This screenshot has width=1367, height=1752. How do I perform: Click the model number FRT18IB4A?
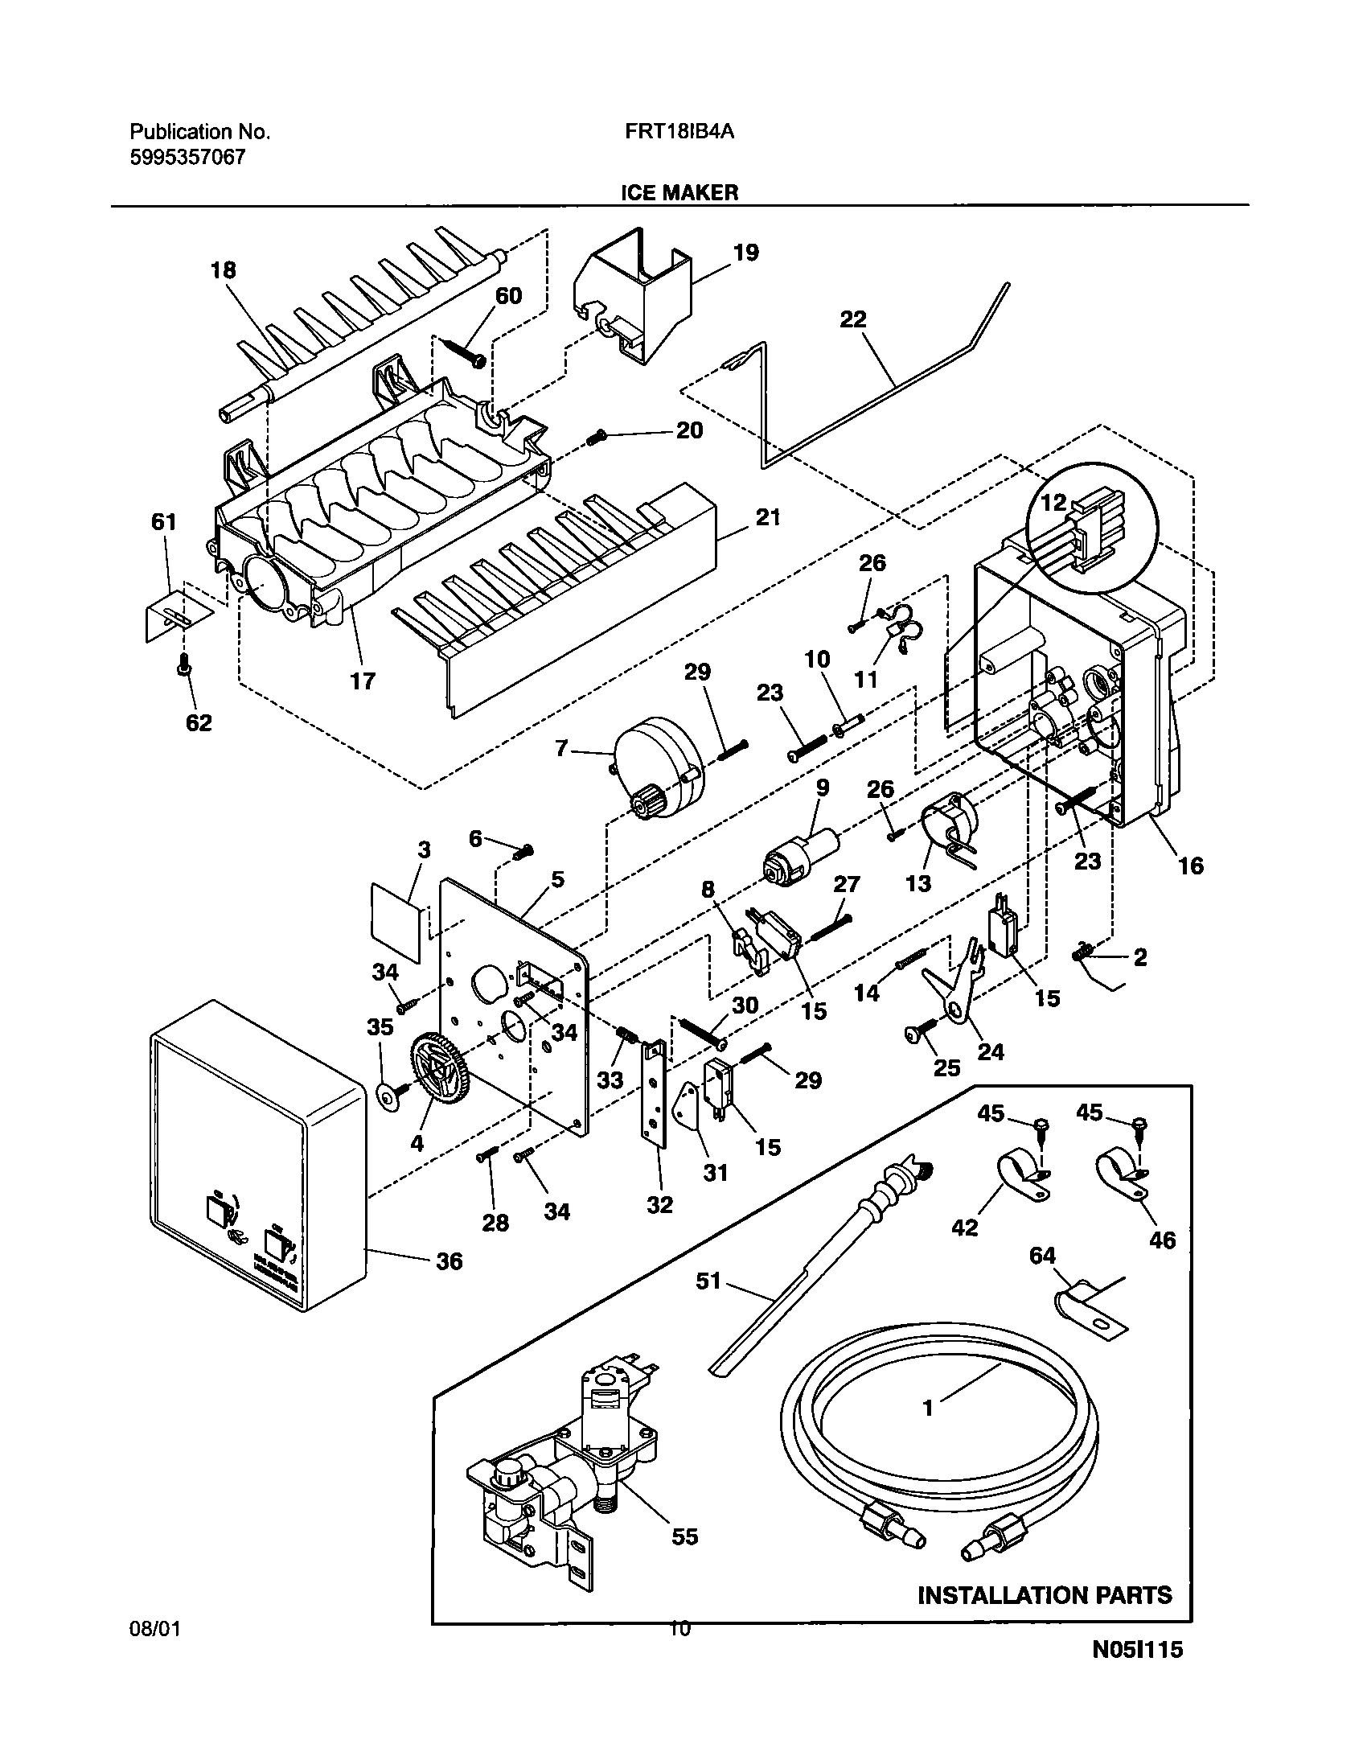click(x=679, y=132)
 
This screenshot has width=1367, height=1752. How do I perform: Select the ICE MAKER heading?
click(x=679, y=192)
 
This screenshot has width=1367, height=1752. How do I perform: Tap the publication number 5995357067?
click(x=187, y=157)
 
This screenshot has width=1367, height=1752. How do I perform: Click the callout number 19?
click(x=745, y=253)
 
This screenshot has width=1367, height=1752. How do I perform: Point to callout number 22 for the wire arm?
click(x=853, y=319)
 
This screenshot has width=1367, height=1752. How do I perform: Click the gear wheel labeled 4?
click(x=439, y=1068)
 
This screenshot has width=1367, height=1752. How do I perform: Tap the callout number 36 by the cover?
click(x=450, y=1261)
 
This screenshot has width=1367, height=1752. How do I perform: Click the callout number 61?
click(x=163, y=522)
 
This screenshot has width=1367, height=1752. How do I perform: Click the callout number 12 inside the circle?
click(x=1053, y=503)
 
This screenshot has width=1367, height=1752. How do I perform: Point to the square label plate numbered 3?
click(x=396, y=922)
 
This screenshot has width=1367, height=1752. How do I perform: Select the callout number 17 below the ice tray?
click(x=362, y=681)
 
